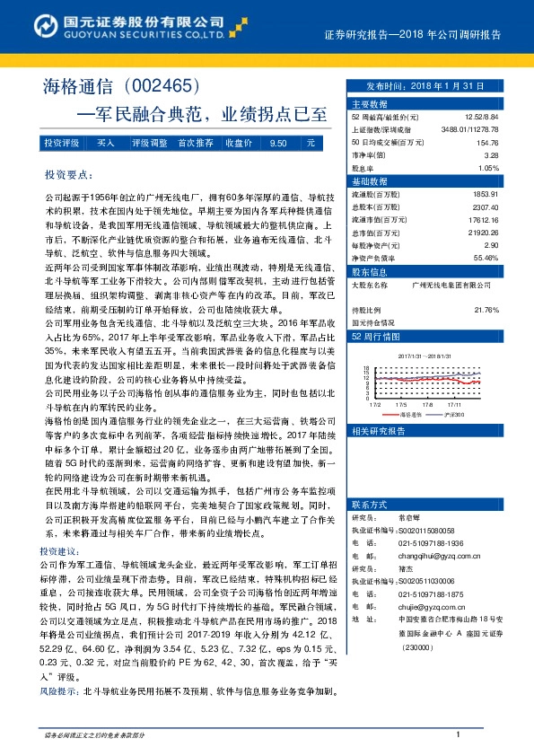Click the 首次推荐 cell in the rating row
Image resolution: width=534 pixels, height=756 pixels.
(195, 143)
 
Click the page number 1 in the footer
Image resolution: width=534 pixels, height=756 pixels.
(458, 734)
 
